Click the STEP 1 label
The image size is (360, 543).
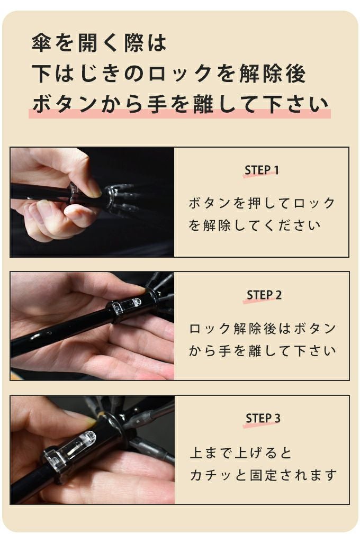[x=262, y=170]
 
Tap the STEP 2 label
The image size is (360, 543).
[x=264, y=295]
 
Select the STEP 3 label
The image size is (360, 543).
[x=263, y=418]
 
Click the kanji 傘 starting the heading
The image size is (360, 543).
[x=42, y=43]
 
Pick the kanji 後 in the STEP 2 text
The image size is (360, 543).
[x=270, y=329]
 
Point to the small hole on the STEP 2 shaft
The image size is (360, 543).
[x=50, y=333]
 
